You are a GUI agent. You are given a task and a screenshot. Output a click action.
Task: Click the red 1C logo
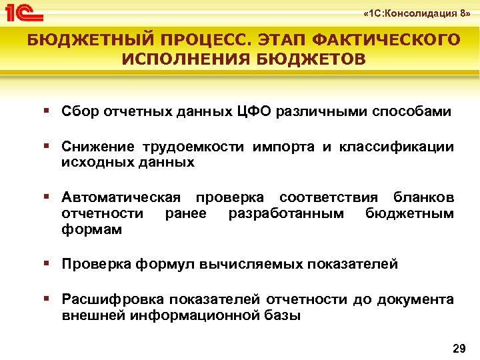[x=24, y=13]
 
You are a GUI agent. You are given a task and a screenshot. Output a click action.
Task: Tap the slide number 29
[x=459, y=348]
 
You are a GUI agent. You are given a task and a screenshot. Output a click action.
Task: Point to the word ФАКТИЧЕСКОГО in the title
[x=393, y=40]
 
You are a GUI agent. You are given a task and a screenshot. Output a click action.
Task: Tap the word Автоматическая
[x=121, y=197]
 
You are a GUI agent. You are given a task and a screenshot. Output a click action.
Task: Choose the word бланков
[x=424, y=197]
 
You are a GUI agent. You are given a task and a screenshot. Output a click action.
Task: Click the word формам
[x=91, y=229]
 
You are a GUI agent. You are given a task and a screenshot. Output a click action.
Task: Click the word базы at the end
[x=282, y=315]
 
